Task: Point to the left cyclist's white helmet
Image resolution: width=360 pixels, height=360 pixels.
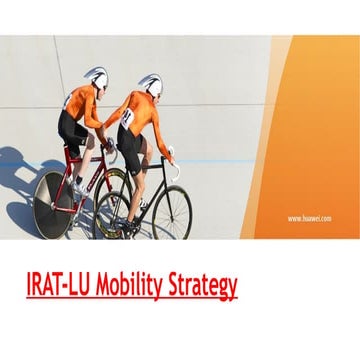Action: pyautogui.click(x=97, y=77)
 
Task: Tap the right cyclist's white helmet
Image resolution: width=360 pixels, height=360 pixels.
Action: pyautogui.click(x=150, y=83)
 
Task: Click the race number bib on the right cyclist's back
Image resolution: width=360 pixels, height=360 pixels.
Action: pyautogui.click(x=128, y=117)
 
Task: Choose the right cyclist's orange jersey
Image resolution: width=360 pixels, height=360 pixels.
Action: pyautogui.click(x=147, y=112)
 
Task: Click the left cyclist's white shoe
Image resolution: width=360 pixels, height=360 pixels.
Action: pyautogui.click(x=78, y=188)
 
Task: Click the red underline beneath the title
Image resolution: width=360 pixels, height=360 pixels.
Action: pyautogui.click(x=132, y=299)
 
